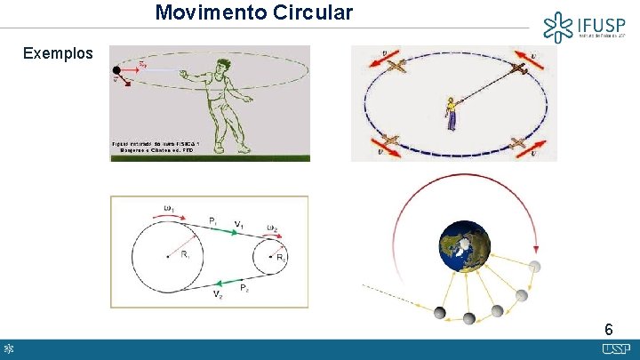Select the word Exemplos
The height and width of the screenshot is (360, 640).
pos(58,53)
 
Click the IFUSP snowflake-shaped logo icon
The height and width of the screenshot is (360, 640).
pos(558,27)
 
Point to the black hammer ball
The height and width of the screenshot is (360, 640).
pos(116,70)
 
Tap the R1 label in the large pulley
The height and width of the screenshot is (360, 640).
pos(184,255)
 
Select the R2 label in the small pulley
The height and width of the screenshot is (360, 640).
pos(281,258)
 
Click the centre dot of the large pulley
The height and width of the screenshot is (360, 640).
pos(167,257)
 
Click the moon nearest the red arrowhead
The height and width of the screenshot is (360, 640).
pos(534,266)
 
